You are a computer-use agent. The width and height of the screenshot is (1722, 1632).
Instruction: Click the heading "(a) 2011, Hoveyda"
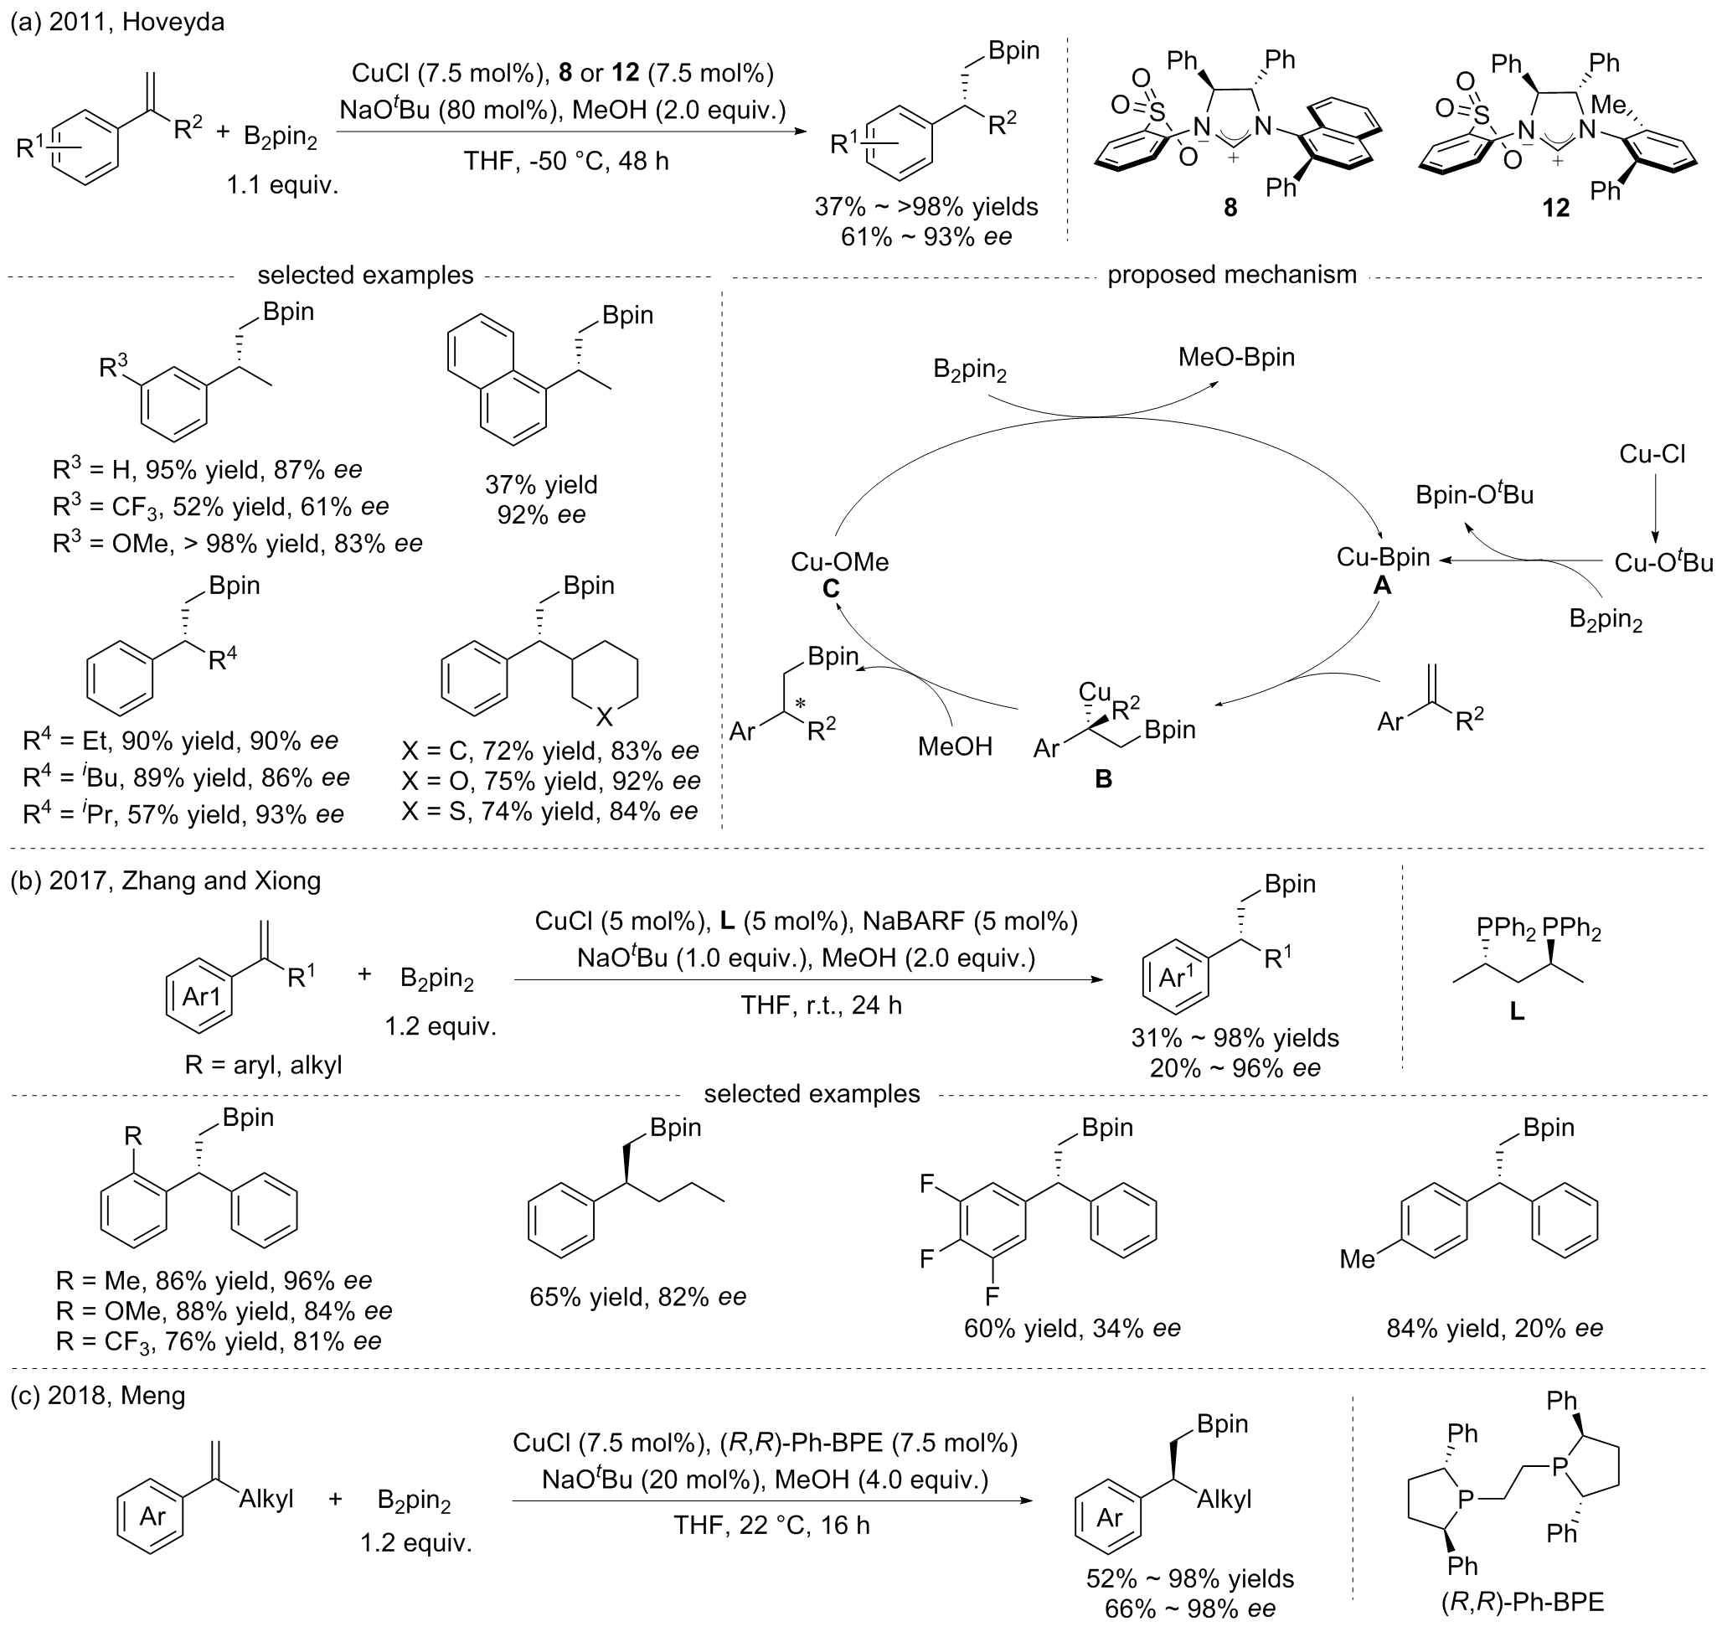click(x=117, y=22)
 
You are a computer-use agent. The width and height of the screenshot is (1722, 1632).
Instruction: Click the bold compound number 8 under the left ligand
click(x=1230, y=209)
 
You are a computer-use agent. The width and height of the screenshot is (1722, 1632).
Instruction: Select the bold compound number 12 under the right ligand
click(x=1556, y=209)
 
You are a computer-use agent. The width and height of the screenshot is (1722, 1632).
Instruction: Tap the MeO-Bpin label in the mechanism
click(x=1236, y=357)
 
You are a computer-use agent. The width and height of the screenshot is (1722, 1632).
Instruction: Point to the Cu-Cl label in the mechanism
click(x=1652, y=453)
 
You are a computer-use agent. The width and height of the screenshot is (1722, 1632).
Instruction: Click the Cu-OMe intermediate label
click(x=839, y=562)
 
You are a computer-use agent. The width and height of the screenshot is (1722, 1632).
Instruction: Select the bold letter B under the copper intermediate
click(x=1103, y=779)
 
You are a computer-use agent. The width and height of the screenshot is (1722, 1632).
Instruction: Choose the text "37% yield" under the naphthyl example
click(x=541, y=483)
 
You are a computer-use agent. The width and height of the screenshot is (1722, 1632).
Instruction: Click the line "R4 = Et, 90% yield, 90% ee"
click(x=180, y=741)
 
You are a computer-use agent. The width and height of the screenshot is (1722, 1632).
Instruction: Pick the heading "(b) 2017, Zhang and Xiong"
click(x=165, y=881)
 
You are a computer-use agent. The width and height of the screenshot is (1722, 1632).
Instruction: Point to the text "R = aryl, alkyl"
click(x=263, y=1064)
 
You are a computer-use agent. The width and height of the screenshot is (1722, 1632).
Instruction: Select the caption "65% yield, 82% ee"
click(x=637, y=1296)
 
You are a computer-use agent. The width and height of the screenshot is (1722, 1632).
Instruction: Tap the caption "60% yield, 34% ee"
click(x=1072, y=1329)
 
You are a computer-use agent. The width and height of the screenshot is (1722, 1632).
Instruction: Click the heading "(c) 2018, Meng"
click(x=97, y=1396)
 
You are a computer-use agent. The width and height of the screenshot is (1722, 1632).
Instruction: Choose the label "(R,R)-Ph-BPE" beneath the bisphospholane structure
click(x=1523, y=1603)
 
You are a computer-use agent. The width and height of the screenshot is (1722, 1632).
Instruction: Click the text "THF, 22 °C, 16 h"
click(x=771, y=1525)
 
